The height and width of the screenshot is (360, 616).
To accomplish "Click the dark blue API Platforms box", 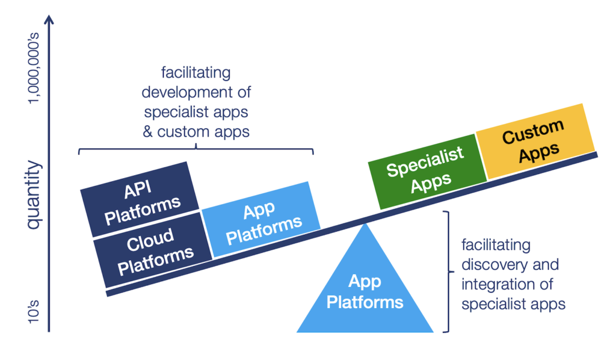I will [x=140, y=199].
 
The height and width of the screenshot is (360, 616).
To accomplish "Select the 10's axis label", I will [x=34, y=314].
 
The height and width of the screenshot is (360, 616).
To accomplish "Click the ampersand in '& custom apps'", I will [x=147, y=131].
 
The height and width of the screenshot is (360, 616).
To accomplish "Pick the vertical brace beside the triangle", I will [x=446, y=271].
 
